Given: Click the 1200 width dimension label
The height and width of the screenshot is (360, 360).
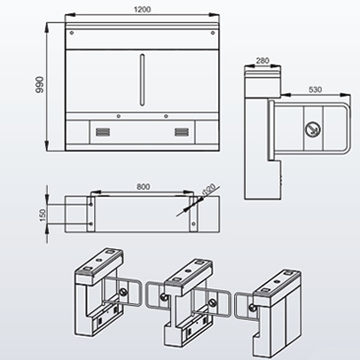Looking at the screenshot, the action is (143, 10).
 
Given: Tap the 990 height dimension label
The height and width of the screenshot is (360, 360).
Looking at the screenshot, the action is (39, 85).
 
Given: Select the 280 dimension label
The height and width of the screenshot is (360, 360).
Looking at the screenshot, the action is (262, 60).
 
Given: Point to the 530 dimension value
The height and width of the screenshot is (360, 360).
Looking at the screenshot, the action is (316, 90).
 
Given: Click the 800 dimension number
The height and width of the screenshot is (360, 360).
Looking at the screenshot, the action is (143, 187).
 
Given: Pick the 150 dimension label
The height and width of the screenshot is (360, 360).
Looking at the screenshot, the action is (43, 215).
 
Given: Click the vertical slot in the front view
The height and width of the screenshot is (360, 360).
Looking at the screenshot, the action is (142, 79).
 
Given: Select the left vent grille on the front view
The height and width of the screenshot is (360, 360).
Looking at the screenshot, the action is (103, 132).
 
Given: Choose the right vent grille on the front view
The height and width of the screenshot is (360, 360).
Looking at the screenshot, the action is (182, 132).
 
